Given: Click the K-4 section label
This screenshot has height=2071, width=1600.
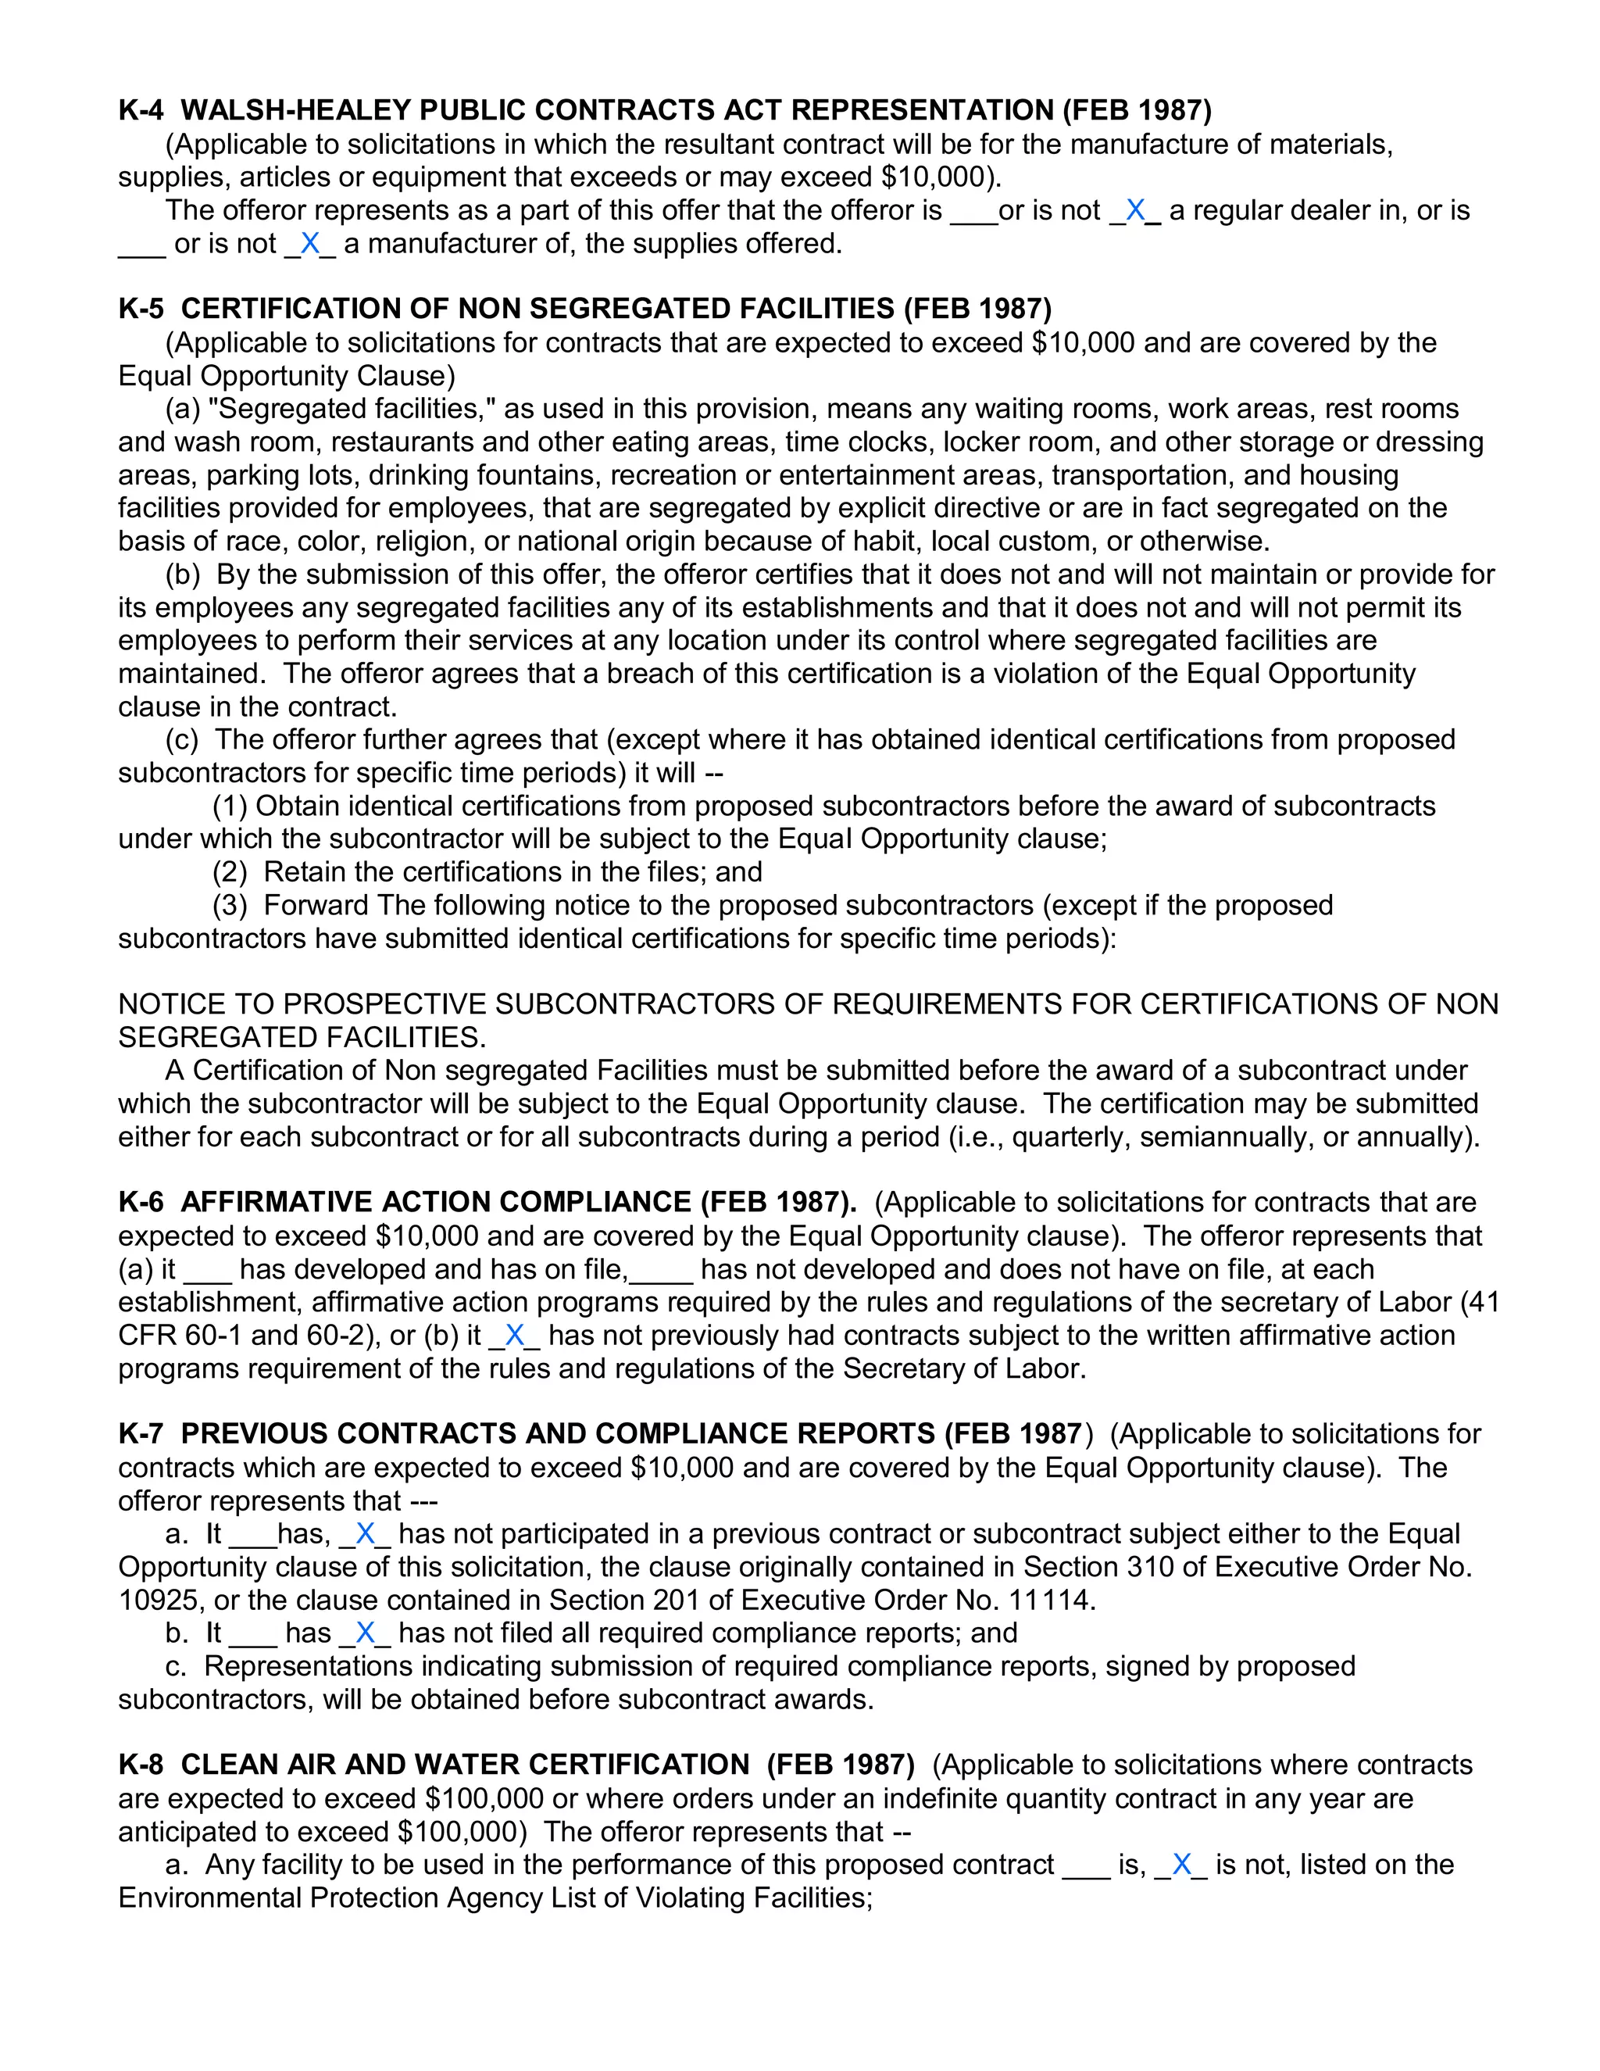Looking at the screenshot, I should (141, 111).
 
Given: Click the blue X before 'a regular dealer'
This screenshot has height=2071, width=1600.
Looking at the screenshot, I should (1134, 210).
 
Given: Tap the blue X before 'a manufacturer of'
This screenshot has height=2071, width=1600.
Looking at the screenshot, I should (309, 244).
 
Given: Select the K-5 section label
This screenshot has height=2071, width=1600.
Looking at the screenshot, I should (141, 309).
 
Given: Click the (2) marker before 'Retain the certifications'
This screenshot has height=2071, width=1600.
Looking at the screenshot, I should (230, 871).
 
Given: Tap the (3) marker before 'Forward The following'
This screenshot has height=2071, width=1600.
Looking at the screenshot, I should (230, 905).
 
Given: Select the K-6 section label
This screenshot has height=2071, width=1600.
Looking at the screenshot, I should (141, 1203).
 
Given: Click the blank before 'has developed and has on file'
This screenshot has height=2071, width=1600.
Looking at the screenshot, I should (206, 1270).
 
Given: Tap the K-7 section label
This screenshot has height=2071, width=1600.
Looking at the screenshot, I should (141, 1434).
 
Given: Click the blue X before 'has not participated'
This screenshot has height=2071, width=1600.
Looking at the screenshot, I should (365, 1533).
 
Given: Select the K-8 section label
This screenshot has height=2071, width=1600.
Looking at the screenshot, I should (141, 1765).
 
